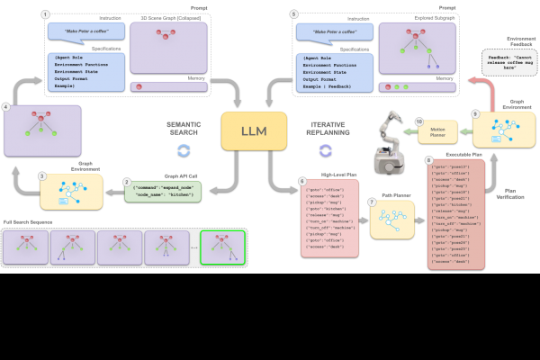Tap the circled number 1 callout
pyautogui.click(x=46, y=15)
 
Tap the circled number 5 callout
pyautogui.click(x=293, y=15)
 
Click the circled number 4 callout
pyautogui.click(x=7, y=106)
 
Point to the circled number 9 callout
pyautogui.click(x=475, y=114)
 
